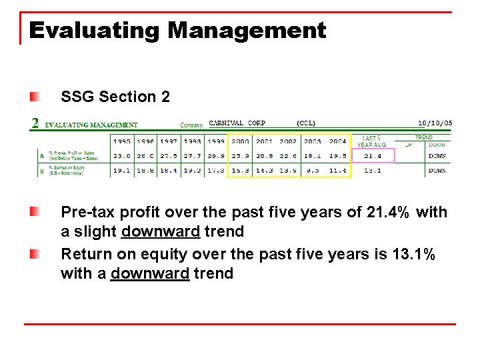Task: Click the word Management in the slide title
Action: point(247,31)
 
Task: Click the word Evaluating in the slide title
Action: point(94,31)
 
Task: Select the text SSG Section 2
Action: point(115,97)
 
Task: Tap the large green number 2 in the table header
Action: point(35,123)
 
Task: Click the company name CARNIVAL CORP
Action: point(237,123)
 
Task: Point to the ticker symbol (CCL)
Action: point(306,123)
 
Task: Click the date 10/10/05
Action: point(435,123)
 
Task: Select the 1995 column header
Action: point(122,141)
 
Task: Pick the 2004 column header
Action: point(337,141)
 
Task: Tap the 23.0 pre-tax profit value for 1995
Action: point(122,156)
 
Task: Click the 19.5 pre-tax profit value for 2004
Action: point(337,156)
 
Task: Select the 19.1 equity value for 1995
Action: point(122,171)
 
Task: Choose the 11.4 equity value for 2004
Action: point(337,171)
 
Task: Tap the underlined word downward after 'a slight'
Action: point(161,232)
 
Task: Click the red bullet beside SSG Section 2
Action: point(34,97)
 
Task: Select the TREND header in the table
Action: point(424,137)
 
